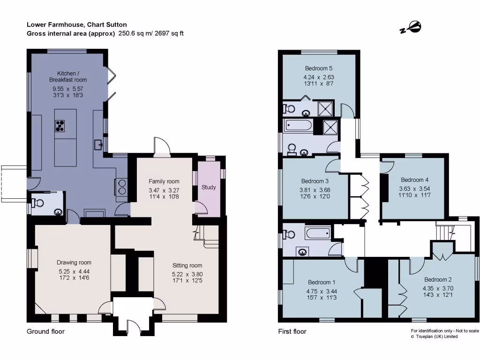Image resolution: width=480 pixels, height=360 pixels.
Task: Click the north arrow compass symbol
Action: (x=411, y=27)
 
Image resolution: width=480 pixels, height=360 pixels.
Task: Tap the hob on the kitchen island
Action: (x=60, y=126)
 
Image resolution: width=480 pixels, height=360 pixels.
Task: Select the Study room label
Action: (x=209, y=187)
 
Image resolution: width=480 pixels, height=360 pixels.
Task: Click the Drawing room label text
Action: (x=74, y=262)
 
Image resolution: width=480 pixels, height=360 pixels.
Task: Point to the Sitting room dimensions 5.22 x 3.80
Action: (x=187, y=274)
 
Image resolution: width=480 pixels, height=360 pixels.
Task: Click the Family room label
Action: (x=164, y=181)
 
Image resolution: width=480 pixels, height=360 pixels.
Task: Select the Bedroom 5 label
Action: (x=319, y=68)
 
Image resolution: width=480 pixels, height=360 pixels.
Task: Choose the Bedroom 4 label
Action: (x=414, y=180)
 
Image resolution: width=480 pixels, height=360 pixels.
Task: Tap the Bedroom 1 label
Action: (x=322, y=282)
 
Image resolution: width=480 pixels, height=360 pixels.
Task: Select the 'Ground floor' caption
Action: (x=45, y=331)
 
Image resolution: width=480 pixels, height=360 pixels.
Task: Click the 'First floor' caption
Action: (x=292, y=331)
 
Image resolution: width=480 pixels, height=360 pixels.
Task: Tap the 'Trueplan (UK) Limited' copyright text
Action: (x=438, y=337)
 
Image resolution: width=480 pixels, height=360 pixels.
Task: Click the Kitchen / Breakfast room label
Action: (x=68, y=77)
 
